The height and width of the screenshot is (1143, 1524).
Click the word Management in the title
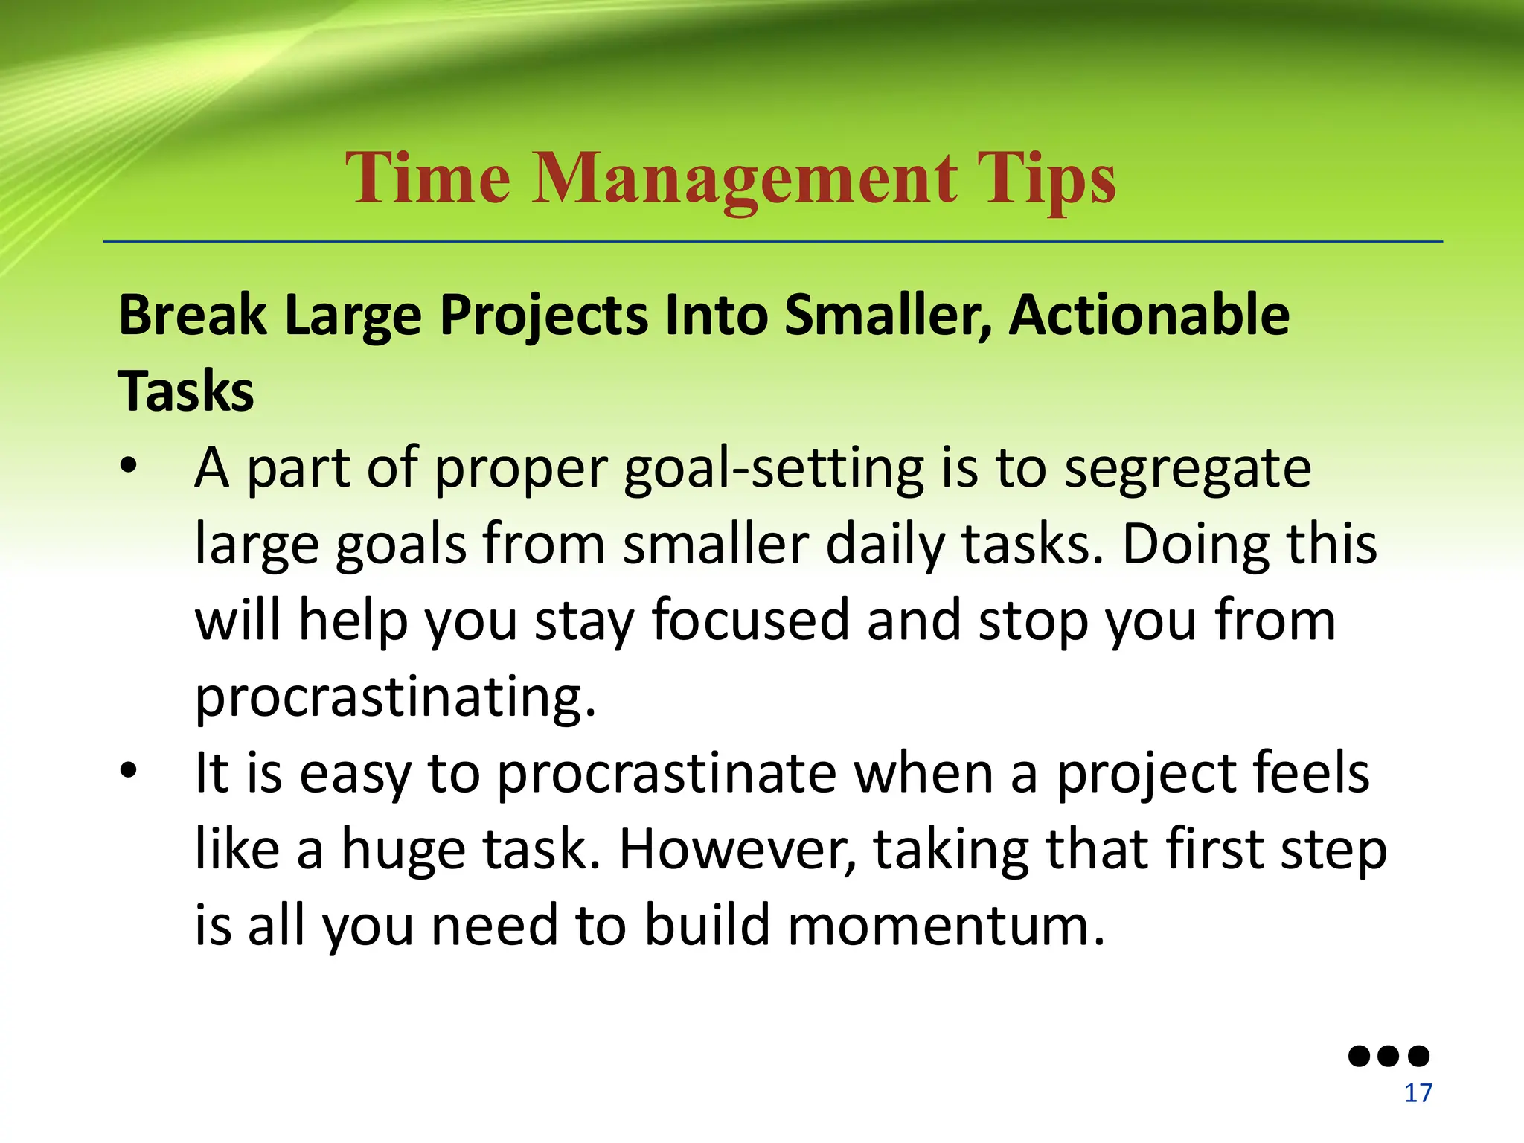(744, 180)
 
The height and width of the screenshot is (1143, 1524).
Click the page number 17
(1418, 1093)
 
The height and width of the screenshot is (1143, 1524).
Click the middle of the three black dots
(1389, 1055)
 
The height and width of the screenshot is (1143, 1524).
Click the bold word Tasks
(186, 391)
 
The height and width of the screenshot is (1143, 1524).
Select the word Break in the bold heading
(192, 316)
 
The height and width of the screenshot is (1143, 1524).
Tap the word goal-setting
(773, 470)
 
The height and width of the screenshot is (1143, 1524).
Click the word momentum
(945, 926)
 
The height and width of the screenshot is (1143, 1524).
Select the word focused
(750, 621)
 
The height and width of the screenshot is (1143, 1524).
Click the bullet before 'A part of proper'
(129, 467)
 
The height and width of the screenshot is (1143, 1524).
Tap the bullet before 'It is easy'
(129, 771)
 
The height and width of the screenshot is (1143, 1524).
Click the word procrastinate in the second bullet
(666, 774)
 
